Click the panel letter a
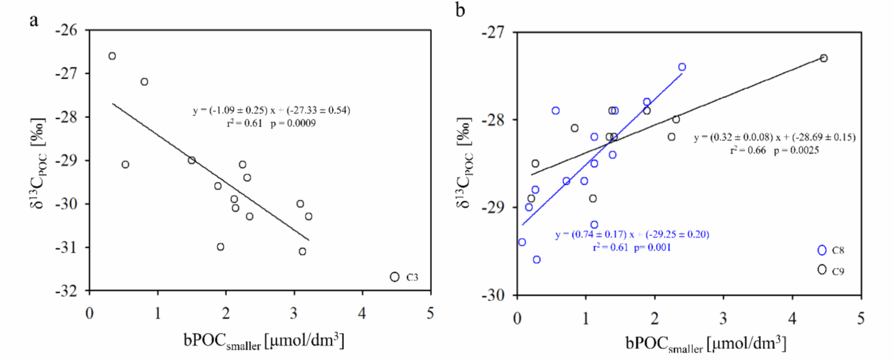(x=34, y=20)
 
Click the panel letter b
(x=460, y=10)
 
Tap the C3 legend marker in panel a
(x=395, y=277)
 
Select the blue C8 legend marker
(x=822, y=250)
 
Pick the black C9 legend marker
(x=822, y=270)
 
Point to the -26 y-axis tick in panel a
(x=66, y=30)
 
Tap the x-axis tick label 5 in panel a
(x=430, y=313)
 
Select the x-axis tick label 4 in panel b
(x=792, y=319)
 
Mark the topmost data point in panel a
(x=112, y=56)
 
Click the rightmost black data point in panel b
(x=824, y=58)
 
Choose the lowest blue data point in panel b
(x=537, y=260)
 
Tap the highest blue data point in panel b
(x=682, y=67)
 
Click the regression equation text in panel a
(x=271, y=110)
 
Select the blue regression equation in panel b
(x=632, y=234)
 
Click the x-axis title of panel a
(x=264, y=341)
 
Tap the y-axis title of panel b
(x=465, y=163)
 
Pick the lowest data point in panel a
(x=303, y=251)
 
